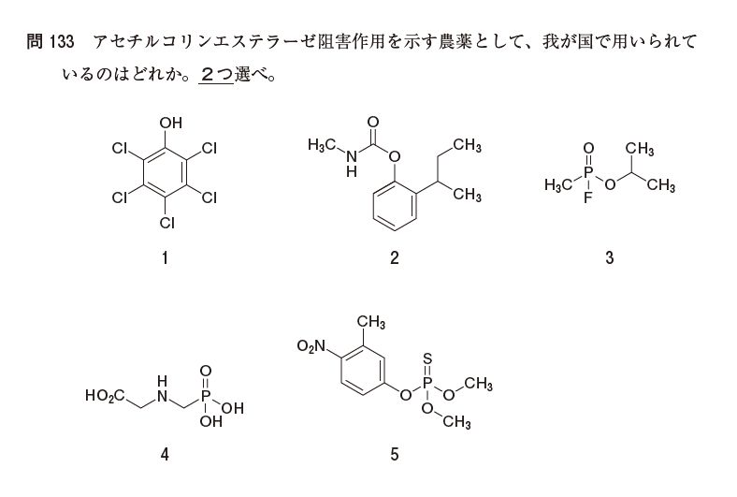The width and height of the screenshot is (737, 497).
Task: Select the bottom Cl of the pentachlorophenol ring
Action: (166, 223)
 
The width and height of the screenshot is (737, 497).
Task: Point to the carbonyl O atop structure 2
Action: (373, 122)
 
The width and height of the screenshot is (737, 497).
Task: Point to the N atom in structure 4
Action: (162, 397)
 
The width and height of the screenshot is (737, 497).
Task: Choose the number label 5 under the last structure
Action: (395, 456)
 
